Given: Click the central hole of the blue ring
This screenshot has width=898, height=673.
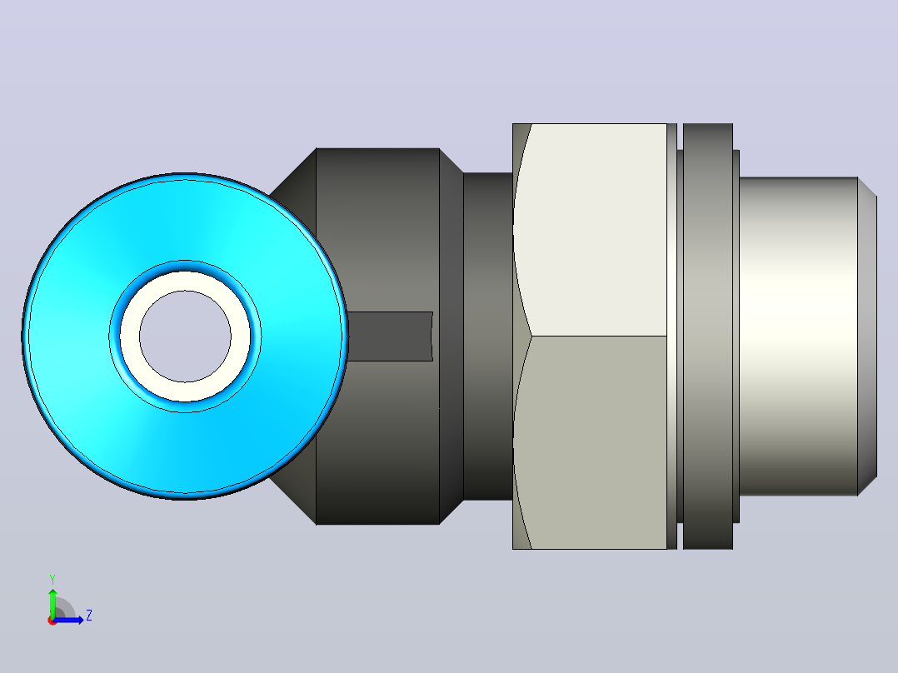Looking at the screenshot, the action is point(185,336).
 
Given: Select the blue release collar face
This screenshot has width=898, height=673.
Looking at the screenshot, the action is point(68,336).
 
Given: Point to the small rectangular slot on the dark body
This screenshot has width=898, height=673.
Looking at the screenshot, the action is point(390,336).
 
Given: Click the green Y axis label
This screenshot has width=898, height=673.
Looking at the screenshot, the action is point(52,580).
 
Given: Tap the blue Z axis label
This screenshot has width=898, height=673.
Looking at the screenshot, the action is point(89,616).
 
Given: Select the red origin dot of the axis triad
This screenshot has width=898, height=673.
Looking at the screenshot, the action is point(52,621).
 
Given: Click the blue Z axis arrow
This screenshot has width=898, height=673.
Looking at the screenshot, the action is point(68,621).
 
